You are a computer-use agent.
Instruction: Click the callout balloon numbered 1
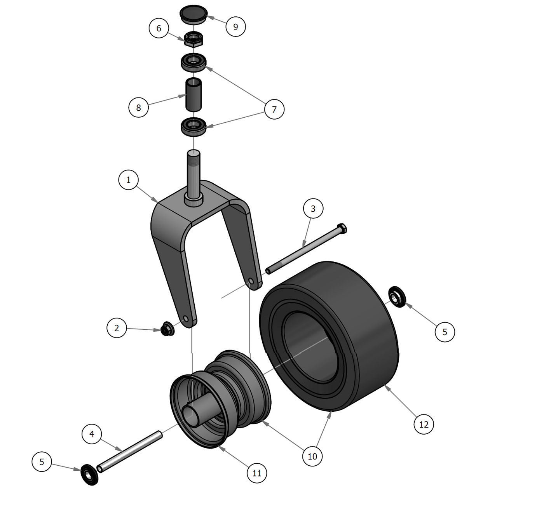tap(128, 180)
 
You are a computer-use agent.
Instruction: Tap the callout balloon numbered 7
tap(274, 109)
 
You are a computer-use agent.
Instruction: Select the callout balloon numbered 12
tap(424, 424)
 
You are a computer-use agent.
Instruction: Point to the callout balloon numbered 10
tap(312, 456)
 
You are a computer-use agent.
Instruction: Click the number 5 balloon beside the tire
tap(445, 332)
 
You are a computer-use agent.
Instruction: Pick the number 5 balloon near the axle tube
tap(42, 461)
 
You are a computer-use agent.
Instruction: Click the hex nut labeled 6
tap(193, 39)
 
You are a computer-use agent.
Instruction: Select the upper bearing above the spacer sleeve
tap(194, 62)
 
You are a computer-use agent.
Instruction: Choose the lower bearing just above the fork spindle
tap(194, 126)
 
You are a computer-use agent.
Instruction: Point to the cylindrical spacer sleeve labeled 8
tap(194, 94)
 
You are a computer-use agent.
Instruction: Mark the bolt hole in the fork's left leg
tap(186, 319)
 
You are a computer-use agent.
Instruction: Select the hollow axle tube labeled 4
tap(130, 451)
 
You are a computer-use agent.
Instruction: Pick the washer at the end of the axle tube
tap(89, 474)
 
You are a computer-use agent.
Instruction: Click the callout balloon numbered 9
tap(235, 26)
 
